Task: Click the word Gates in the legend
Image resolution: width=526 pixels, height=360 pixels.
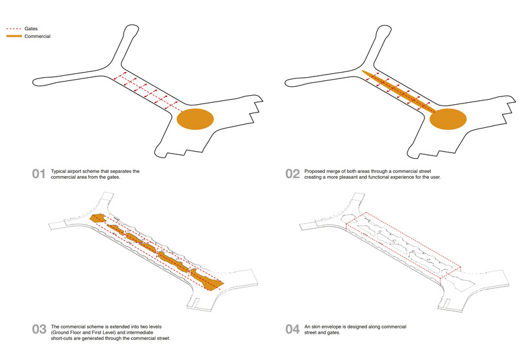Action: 31,29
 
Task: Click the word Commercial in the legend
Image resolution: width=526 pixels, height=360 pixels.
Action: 37,36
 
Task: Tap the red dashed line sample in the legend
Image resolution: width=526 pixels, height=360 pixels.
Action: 14,29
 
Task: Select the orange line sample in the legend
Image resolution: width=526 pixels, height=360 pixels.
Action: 14,36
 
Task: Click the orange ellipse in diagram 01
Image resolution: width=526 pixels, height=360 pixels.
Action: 195,119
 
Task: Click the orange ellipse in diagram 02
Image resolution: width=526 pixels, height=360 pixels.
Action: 448,119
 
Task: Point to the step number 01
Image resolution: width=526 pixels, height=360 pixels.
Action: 39,174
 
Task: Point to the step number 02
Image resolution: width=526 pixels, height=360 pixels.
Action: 293,174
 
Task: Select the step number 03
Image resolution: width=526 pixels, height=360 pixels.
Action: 39,329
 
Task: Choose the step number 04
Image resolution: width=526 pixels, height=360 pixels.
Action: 293,329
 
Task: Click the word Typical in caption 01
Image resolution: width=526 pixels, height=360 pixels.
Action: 59,172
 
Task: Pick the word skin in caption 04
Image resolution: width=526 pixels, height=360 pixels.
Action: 316,327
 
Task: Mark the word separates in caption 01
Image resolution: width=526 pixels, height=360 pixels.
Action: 119,172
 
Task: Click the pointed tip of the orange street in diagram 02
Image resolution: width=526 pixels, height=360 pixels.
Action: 362,71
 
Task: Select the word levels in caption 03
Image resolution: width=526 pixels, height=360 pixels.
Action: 154,327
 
